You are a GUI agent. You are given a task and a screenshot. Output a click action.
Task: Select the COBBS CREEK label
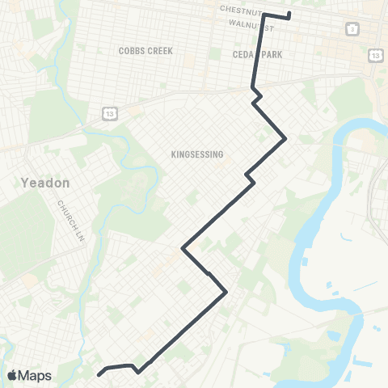coord(145,50)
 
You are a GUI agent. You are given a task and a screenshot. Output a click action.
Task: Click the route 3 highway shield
coord(352,28)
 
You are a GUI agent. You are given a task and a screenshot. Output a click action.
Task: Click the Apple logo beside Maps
coord(11,375)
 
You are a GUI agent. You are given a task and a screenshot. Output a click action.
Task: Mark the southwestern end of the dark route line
coord(99,374)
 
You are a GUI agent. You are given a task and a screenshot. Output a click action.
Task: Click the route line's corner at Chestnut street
coord(264,14)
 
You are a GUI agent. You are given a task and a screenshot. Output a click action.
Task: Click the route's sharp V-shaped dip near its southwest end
coord(139,373)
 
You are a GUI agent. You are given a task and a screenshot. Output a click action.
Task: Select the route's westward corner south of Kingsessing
coord(183,249)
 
